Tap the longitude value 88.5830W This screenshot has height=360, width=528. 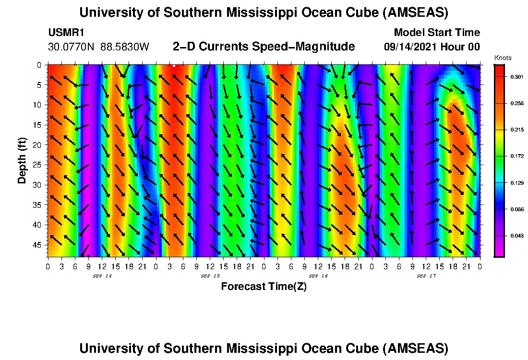pos(125,47)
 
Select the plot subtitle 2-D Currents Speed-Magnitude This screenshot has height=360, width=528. pos(264,47)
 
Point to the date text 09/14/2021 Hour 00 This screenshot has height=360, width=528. pos(432,47)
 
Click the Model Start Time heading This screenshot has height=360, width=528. pos(437,33)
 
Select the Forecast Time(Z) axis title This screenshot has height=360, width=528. pos(264,287)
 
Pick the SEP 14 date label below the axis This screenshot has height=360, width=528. pos(102,276)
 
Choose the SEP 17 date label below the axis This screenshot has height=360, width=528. pos(426,276)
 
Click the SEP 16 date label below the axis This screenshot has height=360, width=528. pos(318,276)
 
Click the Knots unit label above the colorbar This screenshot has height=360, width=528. pos(503,58)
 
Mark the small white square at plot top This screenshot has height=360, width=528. pos(174,66)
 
